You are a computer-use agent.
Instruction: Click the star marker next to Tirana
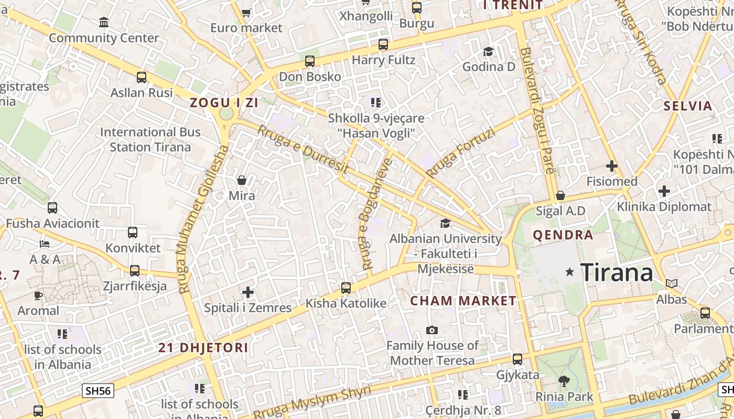pos(570,272)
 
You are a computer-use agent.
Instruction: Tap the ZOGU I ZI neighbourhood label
pos(224,103)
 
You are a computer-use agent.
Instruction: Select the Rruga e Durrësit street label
pos(303,149)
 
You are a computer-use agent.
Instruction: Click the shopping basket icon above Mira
pos(242,181)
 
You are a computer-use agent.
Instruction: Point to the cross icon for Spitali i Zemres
pos(248,292)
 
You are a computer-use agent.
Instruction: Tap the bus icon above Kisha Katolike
pos(346,288)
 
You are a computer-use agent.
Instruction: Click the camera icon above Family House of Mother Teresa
pos(431,330)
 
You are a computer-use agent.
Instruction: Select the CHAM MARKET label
pos(463,301)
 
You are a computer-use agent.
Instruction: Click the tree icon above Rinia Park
pos(564,381)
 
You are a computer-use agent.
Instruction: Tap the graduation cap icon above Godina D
pos(488,51)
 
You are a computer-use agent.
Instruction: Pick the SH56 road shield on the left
pos(98,390)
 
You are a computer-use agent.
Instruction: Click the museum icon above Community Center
pos(104,23)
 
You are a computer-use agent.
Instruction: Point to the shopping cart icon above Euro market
pos(246,12)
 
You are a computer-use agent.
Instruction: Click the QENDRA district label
pos(563,235)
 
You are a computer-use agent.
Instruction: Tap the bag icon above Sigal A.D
pos(560,195)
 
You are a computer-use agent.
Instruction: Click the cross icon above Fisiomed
pos(611,167)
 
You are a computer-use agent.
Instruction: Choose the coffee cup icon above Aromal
pos(38,295)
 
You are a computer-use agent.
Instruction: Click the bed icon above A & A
pos(45,244)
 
